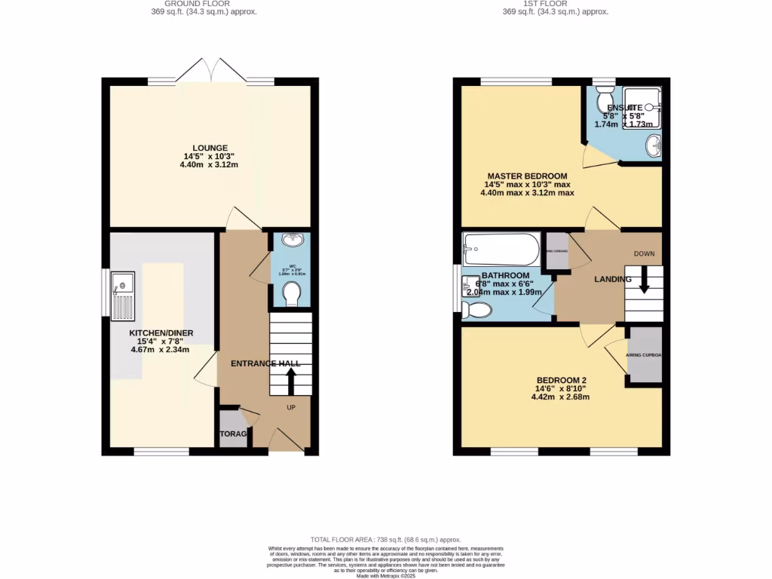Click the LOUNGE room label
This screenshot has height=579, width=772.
tap(210, 148)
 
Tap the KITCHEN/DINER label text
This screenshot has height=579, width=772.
tap(161, 332)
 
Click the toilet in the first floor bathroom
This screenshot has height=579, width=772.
tap(476, 309)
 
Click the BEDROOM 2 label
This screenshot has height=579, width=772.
tap(562, 380)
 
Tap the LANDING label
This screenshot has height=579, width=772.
tap(613, 280)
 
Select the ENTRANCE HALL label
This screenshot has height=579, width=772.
tap(265, 363)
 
